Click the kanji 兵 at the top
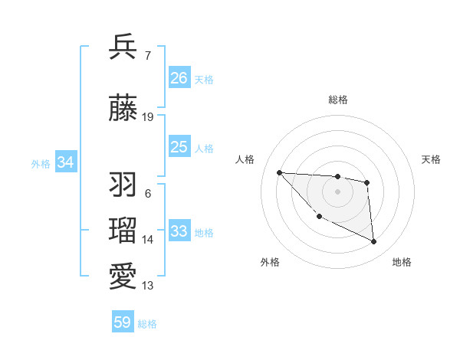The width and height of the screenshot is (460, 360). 123,47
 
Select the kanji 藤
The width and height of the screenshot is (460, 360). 123,109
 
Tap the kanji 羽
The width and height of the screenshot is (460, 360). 123,185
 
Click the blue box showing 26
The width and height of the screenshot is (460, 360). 179,78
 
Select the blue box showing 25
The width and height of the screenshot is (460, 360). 179,147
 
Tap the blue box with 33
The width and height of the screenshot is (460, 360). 179,231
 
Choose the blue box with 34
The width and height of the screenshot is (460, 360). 66,162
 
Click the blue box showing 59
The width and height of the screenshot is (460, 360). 123,322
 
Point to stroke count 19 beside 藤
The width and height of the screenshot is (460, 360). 148,117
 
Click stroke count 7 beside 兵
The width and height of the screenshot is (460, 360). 147,56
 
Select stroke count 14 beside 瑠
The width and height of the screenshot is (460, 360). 148,240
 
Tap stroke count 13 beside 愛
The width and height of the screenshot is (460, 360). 148,286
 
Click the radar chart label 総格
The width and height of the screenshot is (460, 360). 338,100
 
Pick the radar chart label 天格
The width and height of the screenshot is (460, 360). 432,159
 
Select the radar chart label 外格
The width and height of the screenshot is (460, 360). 270,262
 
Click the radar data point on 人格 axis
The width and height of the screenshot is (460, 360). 279,172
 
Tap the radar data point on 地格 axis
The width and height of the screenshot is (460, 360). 374,242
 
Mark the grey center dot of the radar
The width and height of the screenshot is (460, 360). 337,191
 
